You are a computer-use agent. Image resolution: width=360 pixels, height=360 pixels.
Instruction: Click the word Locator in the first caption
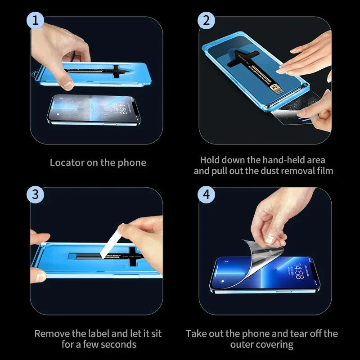[x=67, y=162]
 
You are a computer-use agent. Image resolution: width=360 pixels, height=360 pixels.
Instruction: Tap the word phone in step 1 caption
[x=133, y=162]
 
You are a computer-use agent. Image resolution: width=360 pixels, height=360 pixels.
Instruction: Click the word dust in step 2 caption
[x=270, y=171]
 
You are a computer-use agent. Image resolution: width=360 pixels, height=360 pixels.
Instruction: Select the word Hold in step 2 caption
[x=210, y=160]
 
